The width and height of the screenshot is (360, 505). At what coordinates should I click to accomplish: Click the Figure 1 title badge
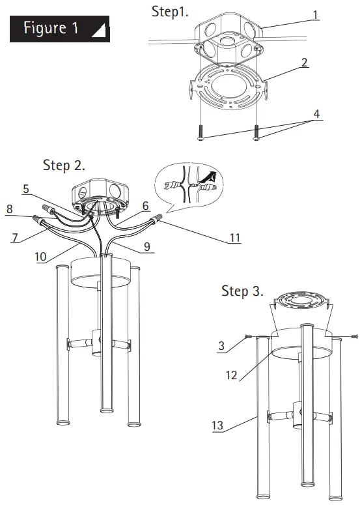59,29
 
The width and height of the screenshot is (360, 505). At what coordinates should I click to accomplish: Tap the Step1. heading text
170,12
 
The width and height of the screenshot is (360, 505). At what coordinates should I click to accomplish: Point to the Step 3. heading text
242,291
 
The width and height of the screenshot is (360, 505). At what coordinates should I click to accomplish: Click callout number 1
315,13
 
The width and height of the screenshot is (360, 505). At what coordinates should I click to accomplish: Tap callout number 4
316,114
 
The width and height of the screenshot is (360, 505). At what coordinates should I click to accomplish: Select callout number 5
25,189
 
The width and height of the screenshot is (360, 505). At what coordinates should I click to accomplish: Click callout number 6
145,205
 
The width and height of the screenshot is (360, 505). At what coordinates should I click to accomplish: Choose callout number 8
10,210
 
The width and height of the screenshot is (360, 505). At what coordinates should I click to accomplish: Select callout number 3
221,347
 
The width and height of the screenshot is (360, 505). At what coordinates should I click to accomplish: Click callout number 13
217,426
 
